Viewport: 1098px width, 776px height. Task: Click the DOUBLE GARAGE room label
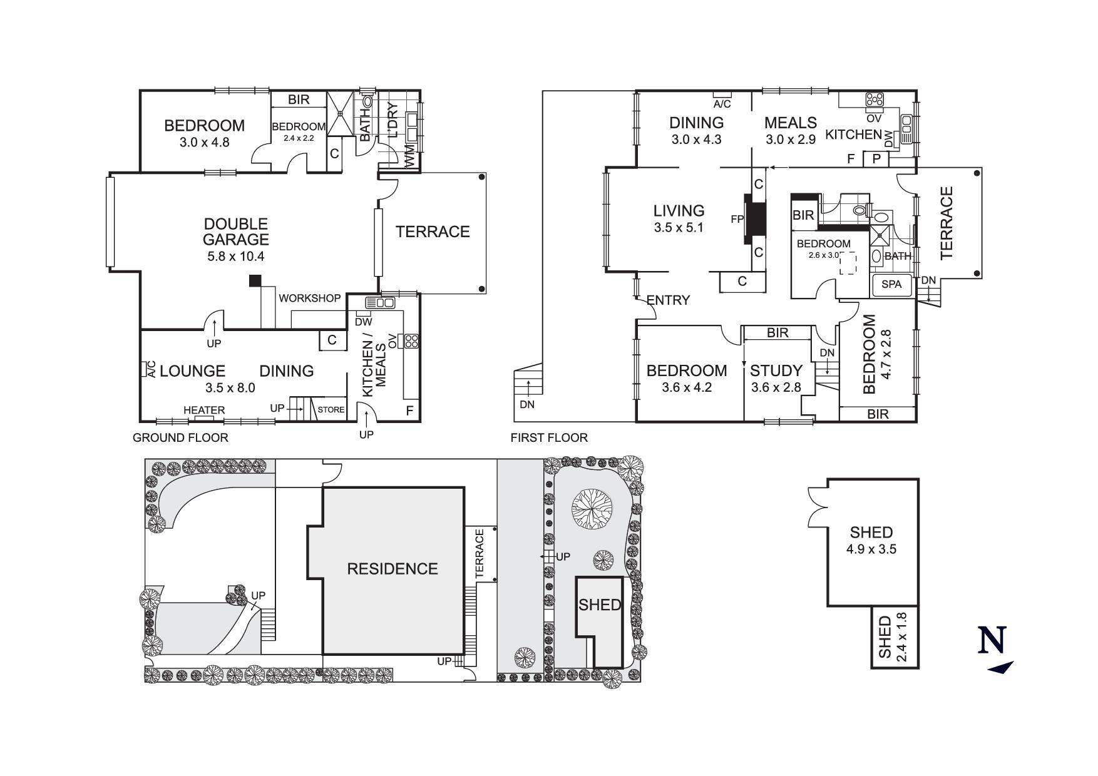(235, 232)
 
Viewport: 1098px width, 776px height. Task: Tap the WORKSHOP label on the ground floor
(309, 299)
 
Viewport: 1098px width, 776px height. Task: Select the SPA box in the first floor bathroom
(891, 284)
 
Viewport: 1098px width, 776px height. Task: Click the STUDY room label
(776, 370)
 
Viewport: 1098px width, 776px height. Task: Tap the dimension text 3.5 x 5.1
(679, 228)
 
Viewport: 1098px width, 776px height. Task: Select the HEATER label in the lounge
(204, 411)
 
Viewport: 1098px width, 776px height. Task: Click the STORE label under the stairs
(331, 410)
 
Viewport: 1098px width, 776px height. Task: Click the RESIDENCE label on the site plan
(393, 569)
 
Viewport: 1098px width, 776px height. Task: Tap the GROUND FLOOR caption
(180, 438)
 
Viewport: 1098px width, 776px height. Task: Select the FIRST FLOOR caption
(549, 438)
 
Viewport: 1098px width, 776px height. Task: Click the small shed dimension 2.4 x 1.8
(901, 637)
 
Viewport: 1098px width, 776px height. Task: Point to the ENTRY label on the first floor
(668, 300)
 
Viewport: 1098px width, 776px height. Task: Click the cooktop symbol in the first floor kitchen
(874, 100)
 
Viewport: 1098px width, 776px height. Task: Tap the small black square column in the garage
(255, 281)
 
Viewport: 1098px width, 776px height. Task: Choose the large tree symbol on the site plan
(592, 508)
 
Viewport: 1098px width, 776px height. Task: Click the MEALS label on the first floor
(791, 123)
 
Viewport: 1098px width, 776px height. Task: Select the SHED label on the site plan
(599, 605)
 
